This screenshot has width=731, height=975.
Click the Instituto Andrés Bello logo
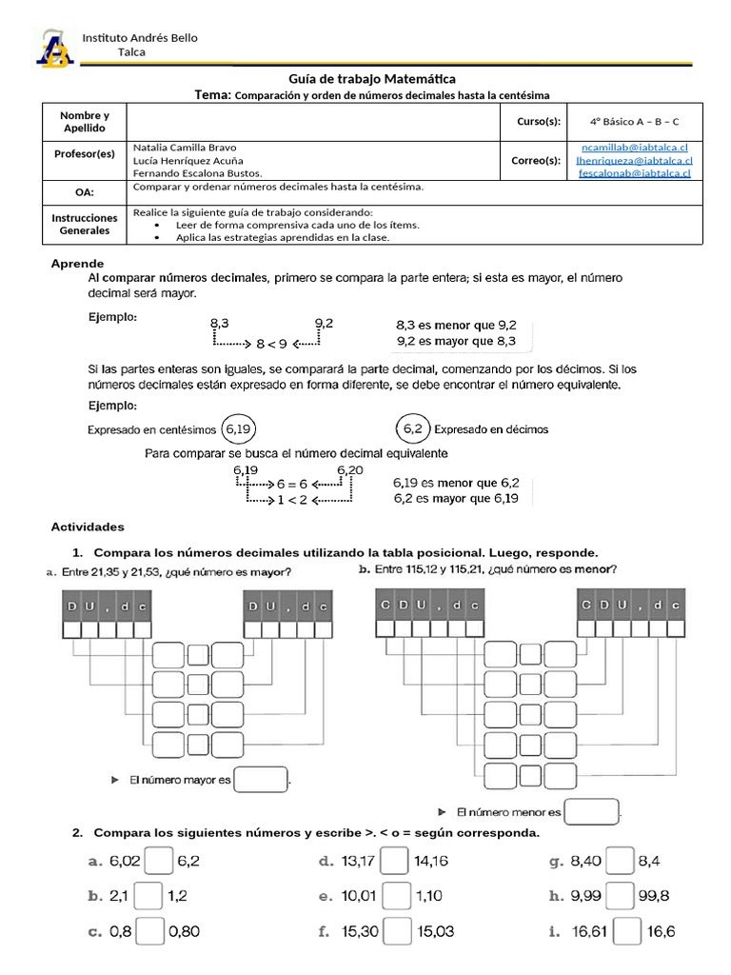coord(54,49)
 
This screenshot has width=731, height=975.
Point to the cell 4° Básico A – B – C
coord(633,122)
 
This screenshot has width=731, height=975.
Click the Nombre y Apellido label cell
coord(85,122)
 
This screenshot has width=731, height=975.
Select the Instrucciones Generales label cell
coord(85,224)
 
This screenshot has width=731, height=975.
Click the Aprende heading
coord(77,263)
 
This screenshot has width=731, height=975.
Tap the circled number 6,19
coord(238,429)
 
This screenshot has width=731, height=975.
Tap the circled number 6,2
coord(413,429)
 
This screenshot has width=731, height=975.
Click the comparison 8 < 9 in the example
coord(271,344)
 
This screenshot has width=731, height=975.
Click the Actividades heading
coord(88,527)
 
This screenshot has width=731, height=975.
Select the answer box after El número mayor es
coord(260,780)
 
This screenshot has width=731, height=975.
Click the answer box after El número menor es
coord(591,812)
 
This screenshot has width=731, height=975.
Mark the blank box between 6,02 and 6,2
coord(159,862)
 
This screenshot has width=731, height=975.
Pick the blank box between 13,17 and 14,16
coord(396,862)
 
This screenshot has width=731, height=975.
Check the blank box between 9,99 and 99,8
coord(621,896)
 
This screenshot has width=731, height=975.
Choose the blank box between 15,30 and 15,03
coord(396,931)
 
